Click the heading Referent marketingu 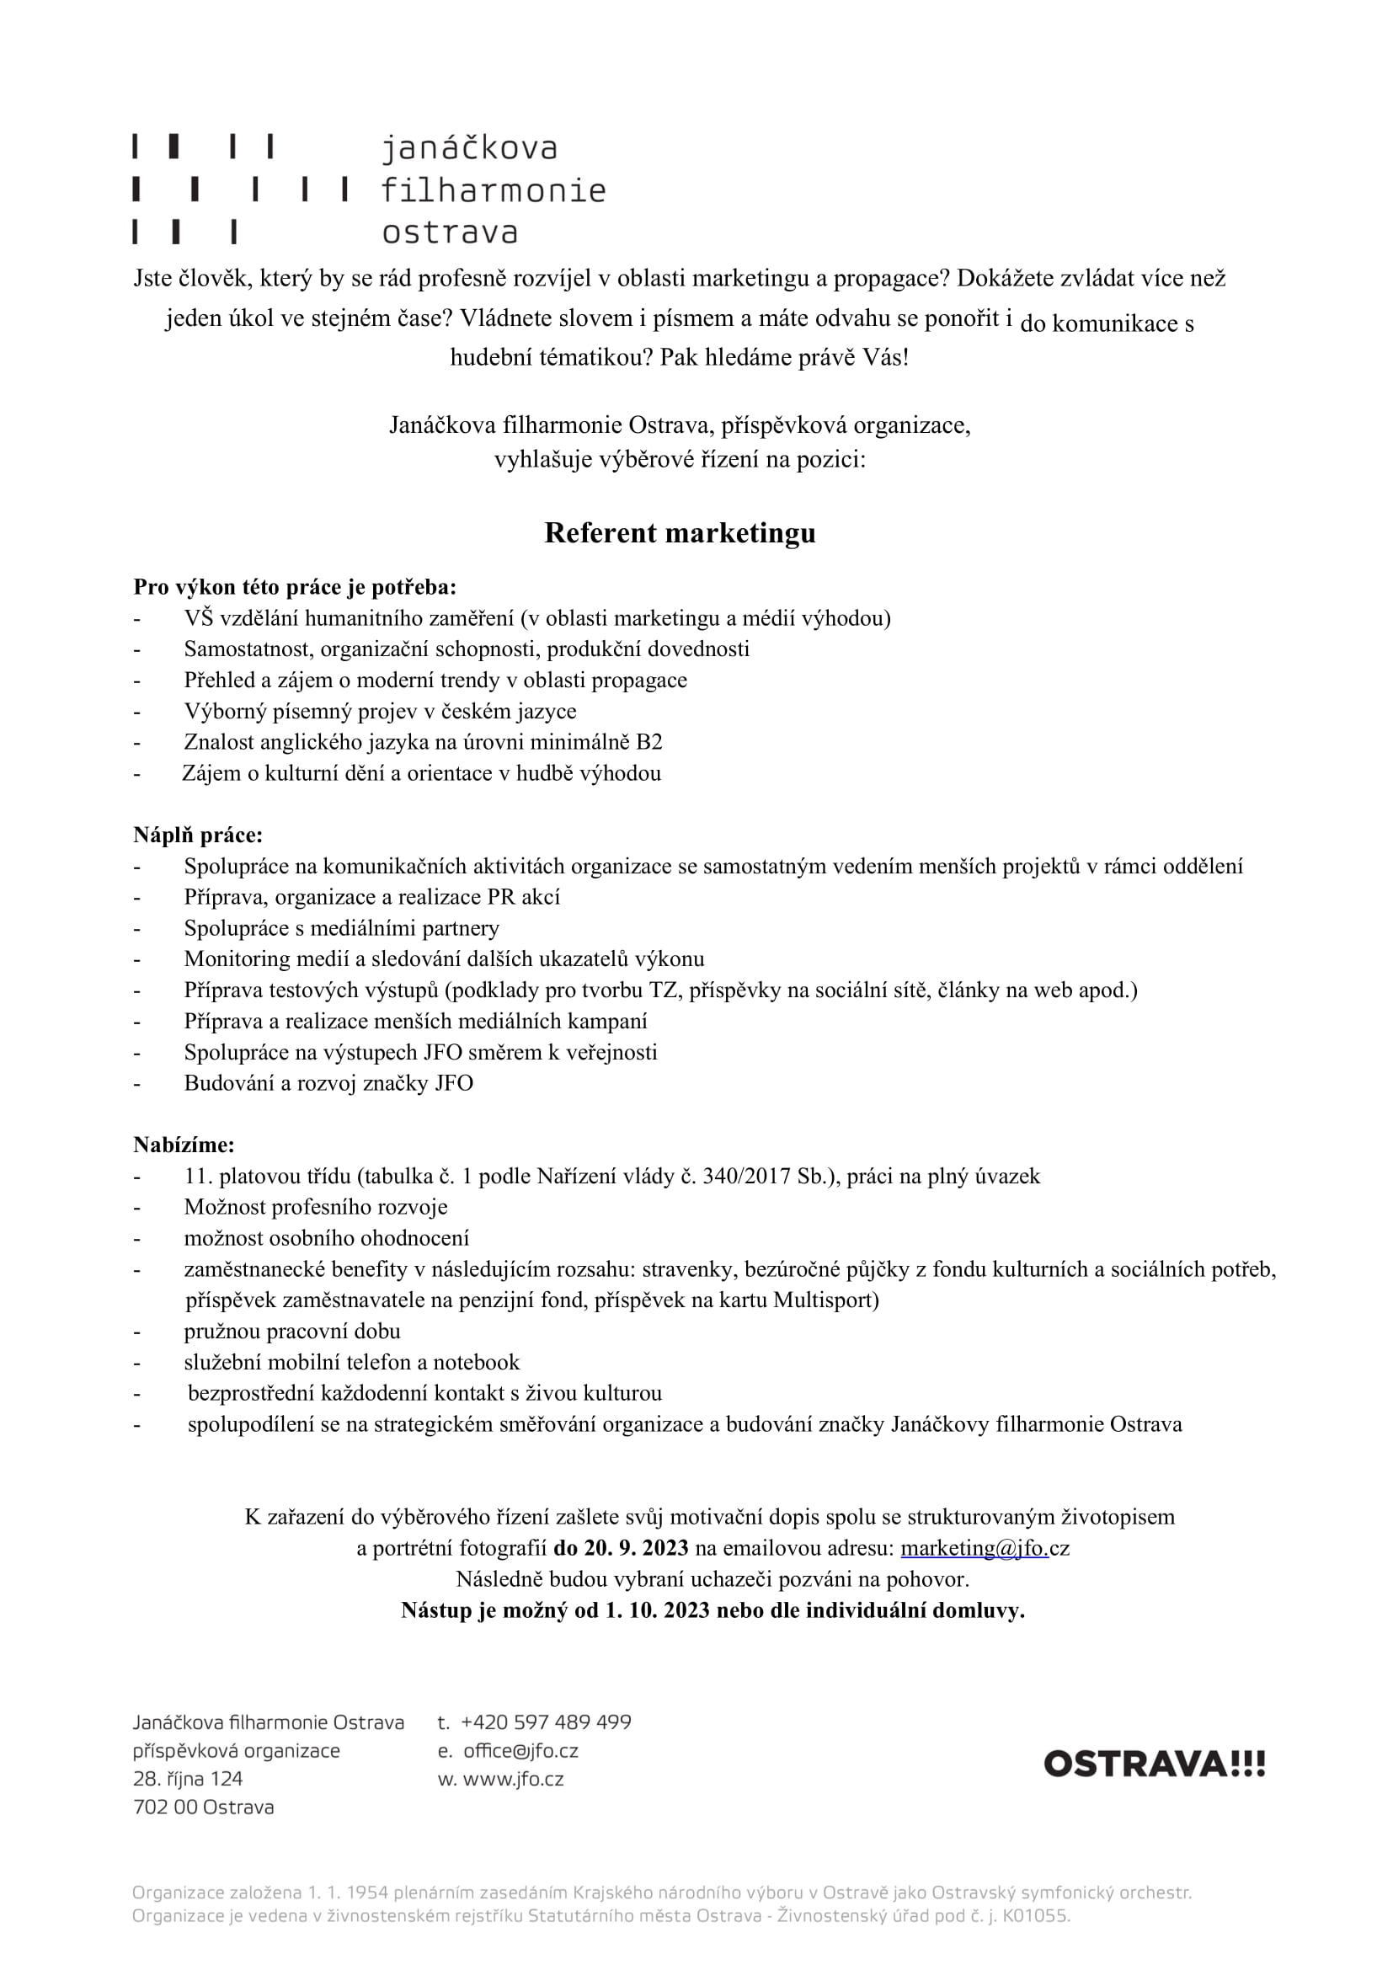[x=680, y=533]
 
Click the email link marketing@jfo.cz [x=985, y=1548]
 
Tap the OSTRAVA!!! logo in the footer [x=1154, y=1764]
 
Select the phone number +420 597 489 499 [x=546, y=1722]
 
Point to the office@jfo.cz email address [x=520, y=1750]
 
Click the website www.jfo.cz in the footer [x=513, y=1779]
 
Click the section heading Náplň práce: [x=198, y=835]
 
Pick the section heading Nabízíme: [x=184, y=1145]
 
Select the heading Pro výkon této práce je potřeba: [x=294, y=587]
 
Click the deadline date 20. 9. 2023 [x=637, y=1548]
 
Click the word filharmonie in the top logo [x=494, y=190]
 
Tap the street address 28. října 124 [x=188, y=1779]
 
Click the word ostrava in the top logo [x=450, y=232]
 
